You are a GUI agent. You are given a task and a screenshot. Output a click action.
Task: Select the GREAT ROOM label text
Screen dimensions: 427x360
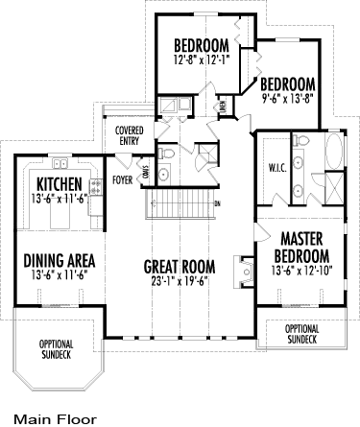(x=180, y=266)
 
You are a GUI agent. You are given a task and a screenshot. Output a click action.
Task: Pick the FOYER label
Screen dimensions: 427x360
(x=123, y=178)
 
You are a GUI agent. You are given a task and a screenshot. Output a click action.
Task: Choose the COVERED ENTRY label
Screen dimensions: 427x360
(x=129, y=135)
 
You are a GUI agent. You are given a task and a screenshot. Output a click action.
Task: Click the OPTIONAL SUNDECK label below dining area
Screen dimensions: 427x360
(x=55, y=348)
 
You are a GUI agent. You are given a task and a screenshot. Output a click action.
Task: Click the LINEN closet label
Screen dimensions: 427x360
(x=222, y=107)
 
